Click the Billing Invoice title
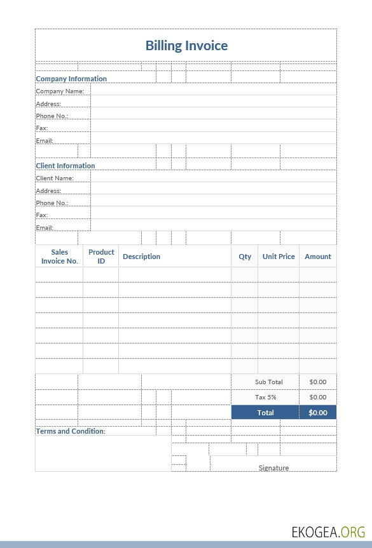click(186, 45)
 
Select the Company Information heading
click(71, 79)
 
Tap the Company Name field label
click(60, 91)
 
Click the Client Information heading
click(65, 166)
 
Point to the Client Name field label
click(55, 178)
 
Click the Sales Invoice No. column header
click(60, 257)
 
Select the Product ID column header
click(101, 257)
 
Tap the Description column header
click(141, 257)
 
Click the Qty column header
click(245, 257)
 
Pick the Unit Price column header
click(279, 257)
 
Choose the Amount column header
click(318, 257)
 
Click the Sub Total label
click(269, 382)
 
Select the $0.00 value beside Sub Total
click(318, 382)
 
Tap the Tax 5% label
click(266, 397)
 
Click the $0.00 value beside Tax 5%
click(318, 397)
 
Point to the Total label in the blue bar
click(266, 413)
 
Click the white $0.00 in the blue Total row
click(318, 413)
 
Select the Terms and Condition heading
click(71, 431)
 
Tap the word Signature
click(273, 468)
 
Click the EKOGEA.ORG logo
click(328, 531)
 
